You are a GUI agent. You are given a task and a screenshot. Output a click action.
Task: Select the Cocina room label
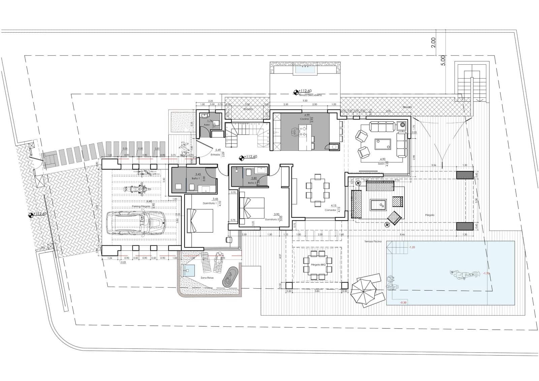click(x=304, y=119)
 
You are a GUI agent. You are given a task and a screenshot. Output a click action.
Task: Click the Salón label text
click(x=381, y=164)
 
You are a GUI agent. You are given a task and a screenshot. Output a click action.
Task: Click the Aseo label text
click(x=207, y=125)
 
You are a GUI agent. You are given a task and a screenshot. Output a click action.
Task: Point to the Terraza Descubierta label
click(x=310, y=95)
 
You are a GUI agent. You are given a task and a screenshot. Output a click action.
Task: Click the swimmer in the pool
click(x=465, y=275)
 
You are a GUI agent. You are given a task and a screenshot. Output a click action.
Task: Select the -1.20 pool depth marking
click(x=412, y=247)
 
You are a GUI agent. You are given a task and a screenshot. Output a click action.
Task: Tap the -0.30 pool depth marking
click(x=403, y=302)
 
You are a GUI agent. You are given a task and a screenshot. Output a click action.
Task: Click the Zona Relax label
click(x=207, y=278)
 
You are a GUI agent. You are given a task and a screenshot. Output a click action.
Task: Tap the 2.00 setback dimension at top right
click(x=434, y=42)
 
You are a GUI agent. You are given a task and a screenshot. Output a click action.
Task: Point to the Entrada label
click(x=215, y=155)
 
